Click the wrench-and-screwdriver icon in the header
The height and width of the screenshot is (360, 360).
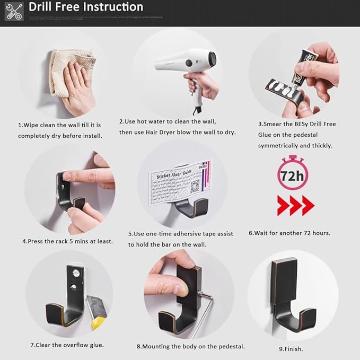(x=14, y=11)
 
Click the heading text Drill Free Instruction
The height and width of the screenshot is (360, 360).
(x=86, y=7)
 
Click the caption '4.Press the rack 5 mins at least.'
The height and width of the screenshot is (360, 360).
(x=67, y=241)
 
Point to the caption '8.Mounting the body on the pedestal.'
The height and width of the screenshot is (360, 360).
(x=190, y=346)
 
